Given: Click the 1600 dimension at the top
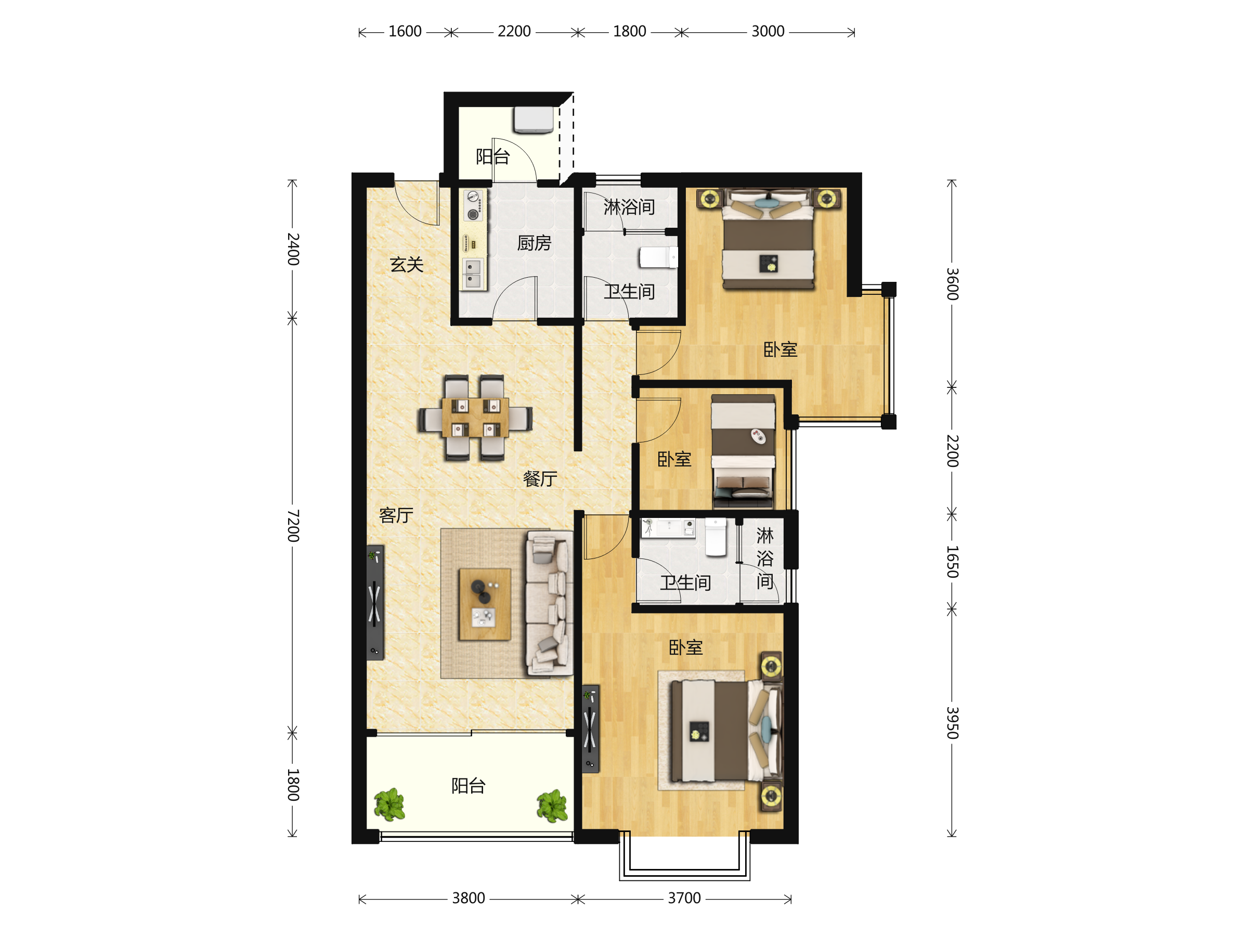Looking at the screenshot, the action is coord(405,32).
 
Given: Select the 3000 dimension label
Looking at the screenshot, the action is coord(768,32).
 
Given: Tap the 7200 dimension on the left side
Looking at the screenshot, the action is coord(293,525).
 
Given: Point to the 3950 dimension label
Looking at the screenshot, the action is coord(952,722).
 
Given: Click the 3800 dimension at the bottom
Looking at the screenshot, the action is coord(469,898).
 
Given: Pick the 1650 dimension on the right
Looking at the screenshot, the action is coord(952,562).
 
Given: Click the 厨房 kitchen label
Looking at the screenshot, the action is coord(534,243).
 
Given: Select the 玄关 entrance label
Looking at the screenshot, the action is coord(406,264).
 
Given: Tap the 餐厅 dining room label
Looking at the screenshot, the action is coord(540,478).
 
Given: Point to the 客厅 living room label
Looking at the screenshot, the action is coord(396,515).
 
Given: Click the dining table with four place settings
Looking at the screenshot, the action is coord(475,418).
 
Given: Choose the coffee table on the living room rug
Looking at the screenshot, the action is coord(485,604).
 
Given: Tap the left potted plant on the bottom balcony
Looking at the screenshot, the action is coord(389,804).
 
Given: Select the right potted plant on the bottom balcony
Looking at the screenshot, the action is coord(552,805).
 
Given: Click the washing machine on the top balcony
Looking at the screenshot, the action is coord(533,120).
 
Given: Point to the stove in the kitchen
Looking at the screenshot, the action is coord(473,205).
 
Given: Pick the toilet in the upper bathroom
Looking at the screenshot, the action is coord(658,257).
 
